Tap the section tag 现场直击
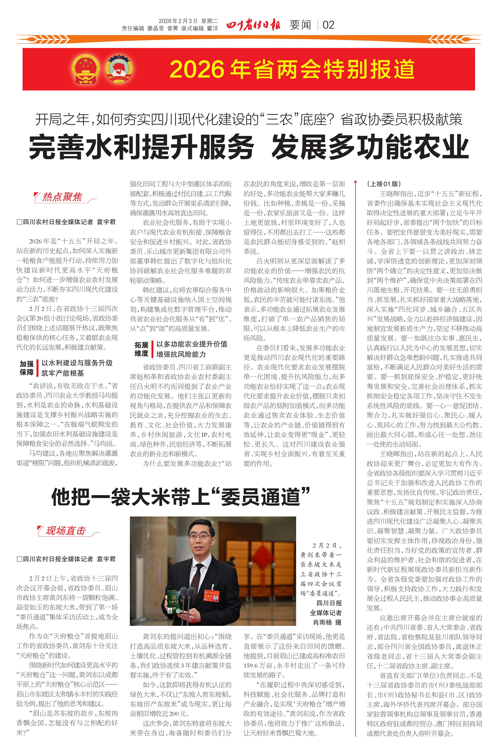[x=66, y=531]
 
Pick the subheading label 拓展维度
[x=141, y=349]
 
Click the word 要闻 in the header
[x=300, y=25]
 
